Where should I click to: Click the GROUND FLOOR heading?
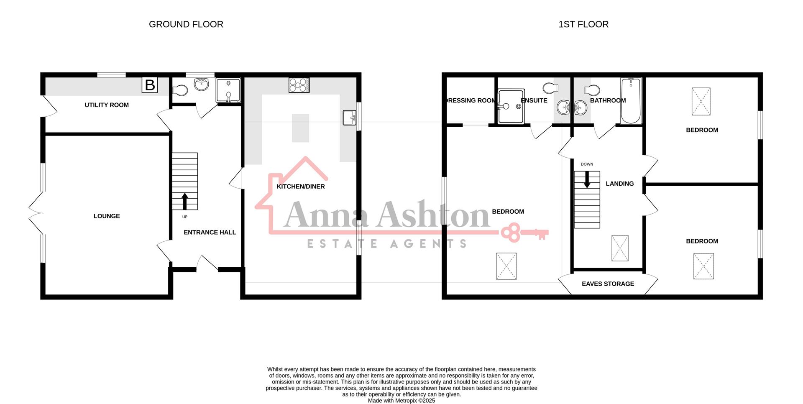point(186,24)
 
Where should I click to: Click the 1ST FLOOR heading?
point(583,24)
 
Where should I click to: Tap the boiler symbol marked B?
point(150,85)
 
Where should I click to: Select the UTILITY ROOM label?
point(107,105)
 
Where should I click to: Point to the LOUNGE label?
point(107,216)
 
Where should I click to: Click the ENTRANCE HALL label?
point(210,233)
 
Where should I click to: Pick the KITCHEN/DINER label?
point(301,187)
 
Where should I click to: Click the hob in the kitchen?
point(299,85)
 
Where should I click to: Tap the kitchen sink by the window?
point(349,118)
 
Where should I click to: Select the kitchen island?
point(300,128)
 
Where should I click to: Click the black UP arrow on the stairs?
point(184,201)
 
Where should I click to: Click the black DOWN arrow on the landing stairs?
point(587,180)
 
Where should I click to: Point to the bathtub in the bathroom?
point(631,101)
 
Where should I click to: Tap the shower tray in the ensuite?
point(511,106)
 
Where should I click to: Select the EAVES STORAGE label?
point(608,284)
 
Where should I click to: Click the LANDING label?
point(620,184)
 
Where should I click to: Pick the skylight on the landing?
point(620,248)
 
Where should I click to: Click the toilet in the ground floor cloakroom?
point(180,90)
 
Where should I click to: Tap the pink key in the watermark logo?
point(524,233)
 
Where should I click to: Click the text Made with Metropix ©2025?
point(401,401)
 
